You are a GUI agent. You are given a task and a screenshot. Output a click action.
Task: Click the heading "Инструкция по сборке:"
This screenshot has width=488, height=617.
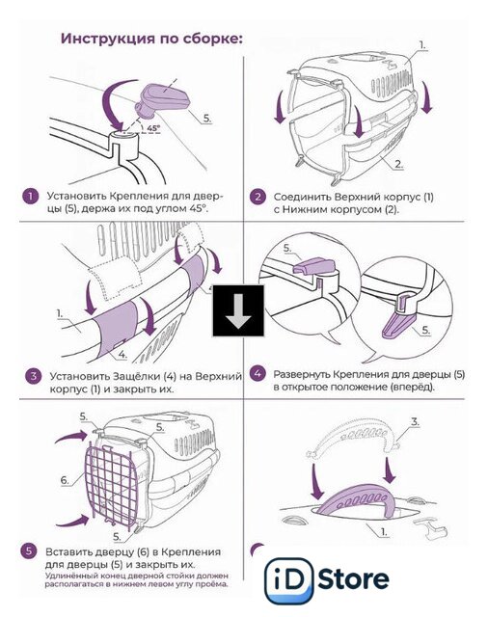pyautogui.click(x=151, y=39)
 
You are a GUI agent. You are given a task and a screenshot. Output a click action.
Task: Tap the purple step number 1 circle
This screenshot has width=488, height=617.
pyautogui.click(x=30, y=196)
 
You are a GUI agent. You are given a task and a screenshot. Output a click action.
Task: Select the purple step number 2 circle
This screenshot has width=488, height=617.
pyautogui.click(x=258, y=197)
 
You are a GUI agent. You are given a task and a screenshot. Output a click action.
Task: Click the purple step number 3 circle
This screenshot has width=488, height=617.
pyautogui.click(x=34, y=376)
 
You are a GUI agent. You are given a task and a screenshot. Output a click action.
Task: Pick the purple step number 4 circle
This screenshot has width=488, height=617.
pyautogui.click(x=258, y=373)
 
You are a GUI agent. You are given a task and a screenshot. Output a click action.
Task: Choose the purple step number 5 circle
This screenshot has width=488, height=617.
pyautogui.click(x=29, y=550)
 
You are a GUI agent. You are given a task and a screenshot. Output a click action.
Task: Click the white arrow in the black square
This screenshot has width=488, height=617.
pyautogui.click(x=238, y=310)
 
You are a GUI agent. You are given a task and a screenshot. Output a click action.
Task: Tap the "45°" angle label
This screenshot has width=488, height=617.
pyautogui.click(x=153, y=128)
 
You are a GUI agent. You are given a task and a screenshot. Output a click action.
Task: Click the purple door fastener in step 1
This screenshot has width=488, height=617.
pyautogui.click(x=161, y=98)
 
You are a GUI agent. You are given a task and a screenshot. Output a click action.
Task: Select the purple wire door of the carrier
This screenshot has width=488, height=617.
pyautogui.click(x=110, y=484)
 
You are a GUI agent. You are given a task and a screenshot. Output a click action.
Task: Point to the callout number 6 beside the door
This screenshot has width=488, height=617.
pyautogui.click(x=65, y=480)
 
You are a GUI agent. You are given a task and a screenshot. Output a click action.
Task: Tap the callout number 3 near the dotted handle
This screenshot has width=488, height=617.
pyautogui.click(x=415, y=422)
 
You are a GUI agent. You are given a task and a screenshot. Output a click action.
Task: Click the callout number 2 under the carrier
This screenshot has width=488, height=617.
pyautogui.click(x=398, y=165)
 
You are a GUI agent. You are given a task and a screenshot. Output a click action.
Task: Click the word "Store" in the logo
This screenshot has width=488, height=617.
pyautogui.click(x=353, y=579)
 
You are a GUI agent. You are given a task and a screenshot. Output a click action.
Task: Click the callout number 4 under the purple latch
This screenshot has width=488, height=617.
pyautogui.click(x=122, y=355)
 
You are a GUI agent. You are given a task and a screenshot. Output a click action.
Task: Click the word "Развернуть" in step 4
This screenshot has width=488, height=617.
pyautogui.click(x=302, y=374)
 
